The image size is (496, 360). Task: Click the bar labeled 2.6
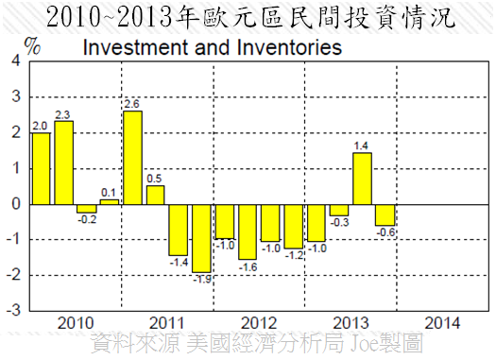pos(132,157)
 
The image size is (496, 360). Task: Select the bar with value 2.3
pos(63,162)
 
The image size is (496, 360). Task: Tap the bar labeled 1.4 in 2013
pos(361,178)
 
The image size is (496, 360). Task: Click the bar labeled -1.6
pos(248,231)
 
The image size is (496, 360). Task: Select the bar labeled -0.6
pos(384,214)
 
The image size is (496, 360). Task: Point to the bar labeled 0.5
pos(155,194)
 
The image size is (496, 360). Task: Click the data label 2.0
pos(40,125)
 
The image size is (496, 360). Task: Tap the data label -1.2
pos(293,255)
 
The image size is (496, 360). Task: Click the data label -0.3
pos(338,223)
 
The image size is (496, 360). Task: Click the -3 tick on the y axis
pos(12,310)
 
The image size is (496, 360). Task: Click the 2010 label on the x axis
pos(76,322)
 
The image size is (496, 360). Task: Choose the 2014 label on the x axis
pos(442,322)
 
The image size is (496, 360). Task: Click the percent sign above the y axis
pos(32,45)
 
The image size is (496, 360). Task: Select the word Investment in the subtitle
pos(134,46)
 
